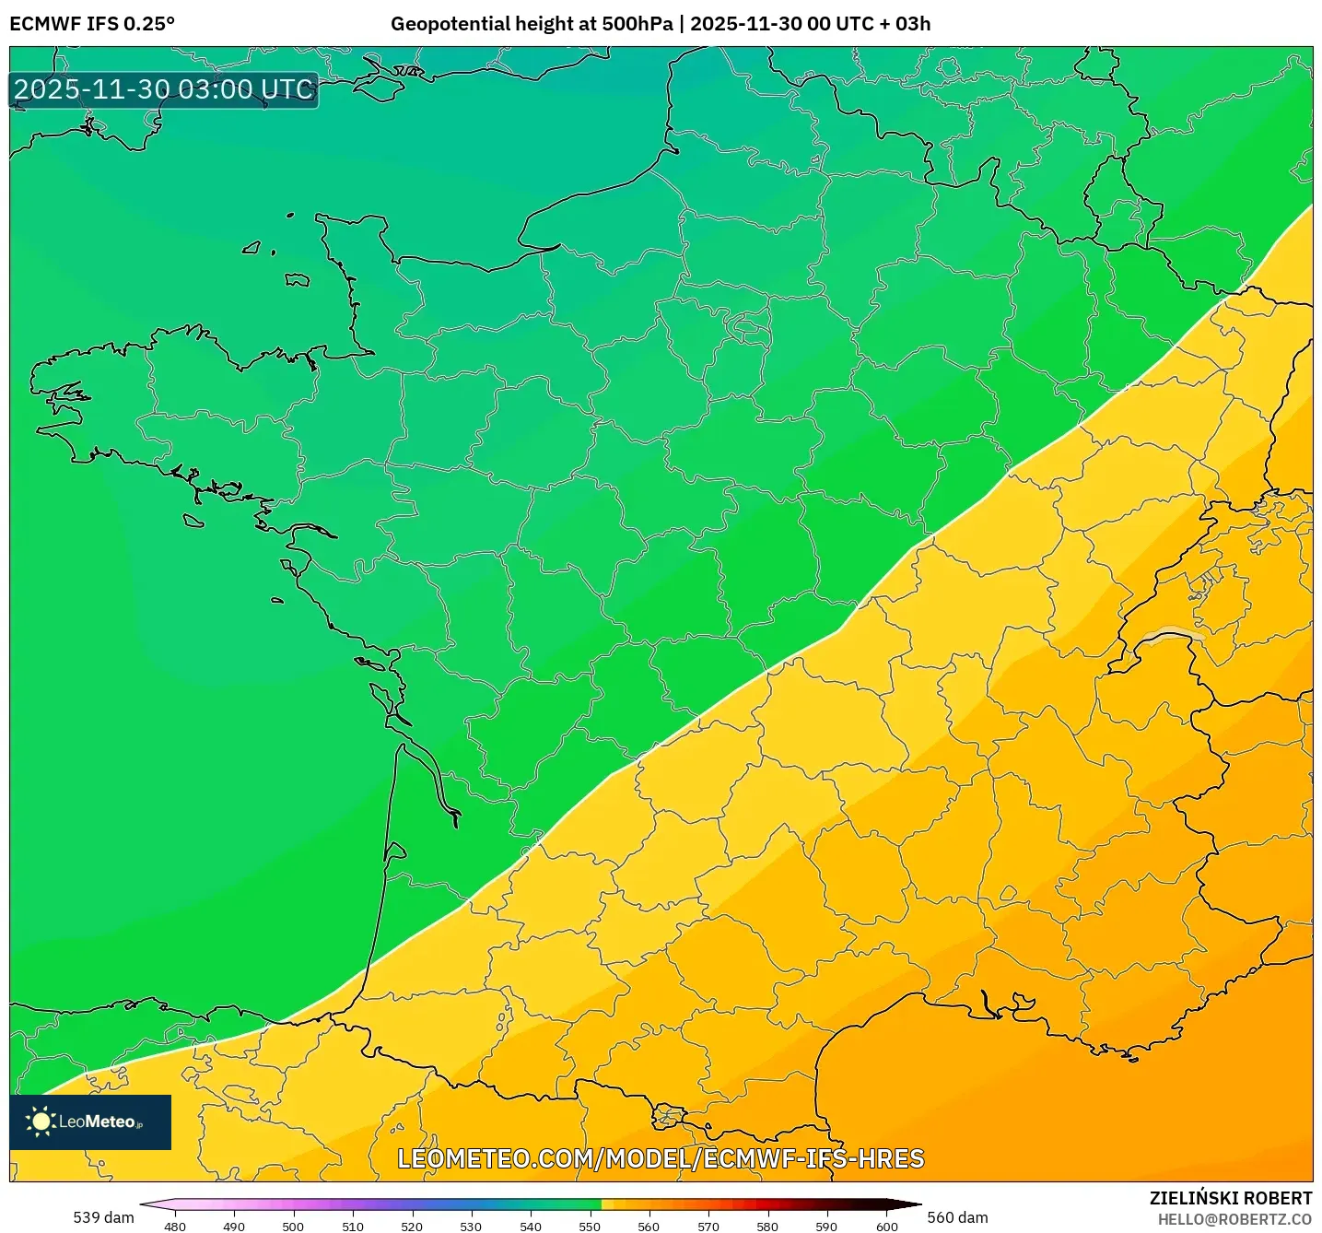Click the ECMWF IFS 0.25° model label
(92, 24)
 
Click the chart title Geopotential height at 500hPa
(532, 24)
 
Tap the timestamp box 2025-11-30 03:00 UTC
(164, 89)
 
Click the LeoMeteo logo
(90, 1121)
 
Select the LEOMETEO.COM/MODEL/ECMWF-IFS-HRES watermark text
(661, 1158)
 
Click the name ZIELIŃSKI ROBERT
(1231, 1198)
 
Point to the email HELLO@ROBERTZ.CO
(1234, 1219)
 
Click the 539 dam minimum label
(103, 1217)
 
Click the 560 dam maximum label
(957, 1217)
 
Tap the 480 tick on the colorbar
(174, 1226)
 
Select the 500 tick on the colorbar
(293, 1226)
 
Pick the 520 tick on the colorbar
(412, 1226)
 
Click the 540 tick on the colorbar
(531, 1226)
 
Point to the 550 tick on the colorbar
(590, 1226)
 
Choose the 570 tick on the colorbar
(708, 1226)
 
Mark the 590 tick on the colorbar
(826, 1226)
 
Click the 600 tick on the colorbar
(886, 1226)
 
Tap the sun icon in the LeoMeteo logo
(41, 1121)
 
